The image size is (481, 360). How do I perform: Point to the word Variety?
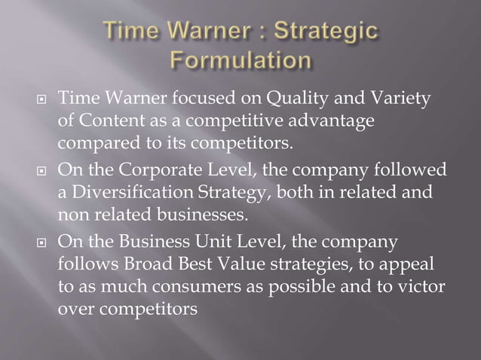tap(379, 99)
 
